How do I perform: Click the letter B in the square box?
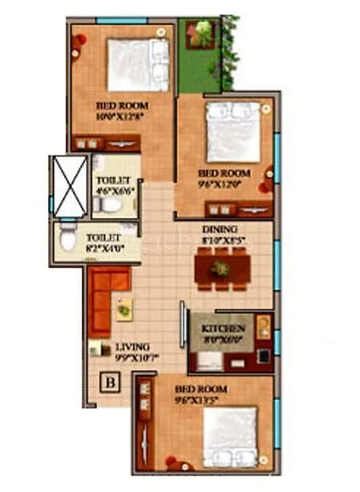pos(110,382)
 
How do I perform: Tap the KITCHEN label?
pos(222,329)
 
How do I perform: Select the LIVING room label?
pos(130,347)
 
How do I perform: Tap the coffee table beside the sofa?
pos(123,308)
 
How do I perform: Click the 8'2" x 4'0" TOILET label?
pos(103,242)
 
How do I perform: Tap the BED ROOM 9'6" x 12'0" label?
pos(223,178)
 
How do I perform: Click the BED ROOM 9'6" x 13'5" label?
pos(199,394)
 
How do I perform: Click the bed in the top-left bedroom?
pos(138,64)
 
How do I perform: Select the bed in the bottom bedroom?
pos(230,436)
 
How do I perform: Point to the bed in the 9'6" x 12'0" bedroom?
pos(232,131)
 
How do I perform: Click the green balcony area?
pos(198,68)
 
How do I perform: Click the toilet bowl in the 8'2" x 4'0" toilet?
pos(69,239)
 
